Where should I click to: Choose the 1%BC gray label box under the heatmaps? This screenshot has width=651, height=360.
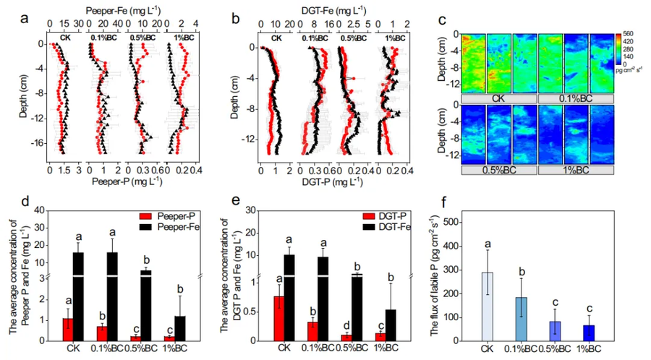coord(576,169)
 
